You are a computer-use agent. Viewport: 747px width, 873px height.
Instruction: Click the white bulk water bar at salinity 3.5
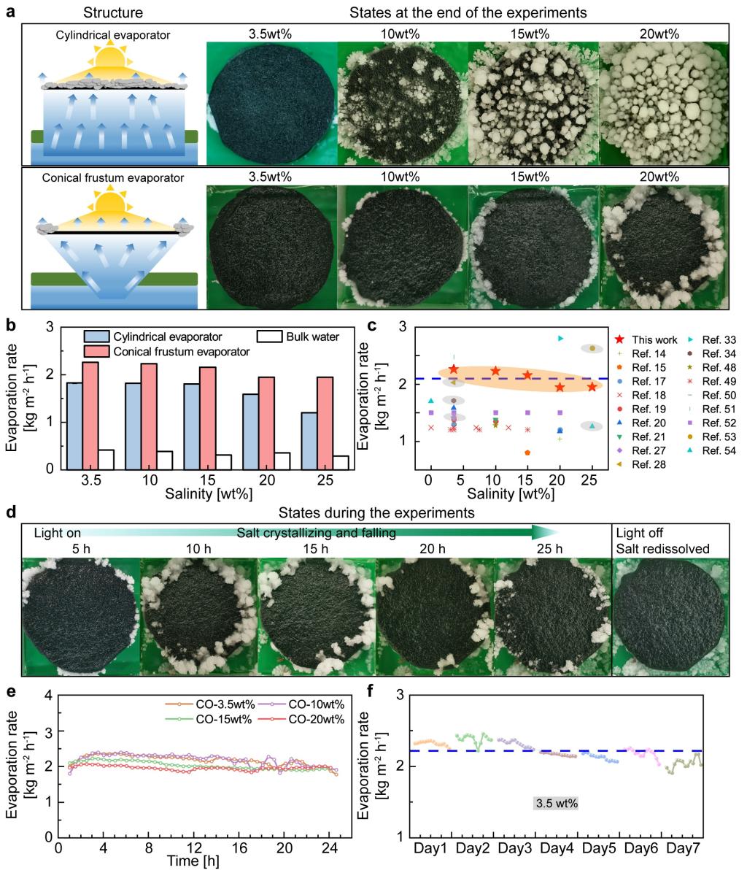(x=107, y=459)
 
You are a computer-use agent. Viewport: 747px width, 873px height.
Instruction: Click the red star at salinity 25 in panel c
(x=592, y=386)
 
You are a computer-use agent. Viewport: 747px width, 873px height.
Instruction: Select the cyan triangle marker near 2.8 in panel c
(x=560, y=338)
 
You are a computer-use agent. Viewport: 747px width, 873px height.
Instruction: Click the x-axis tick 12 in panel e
(x=194, y=847)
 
